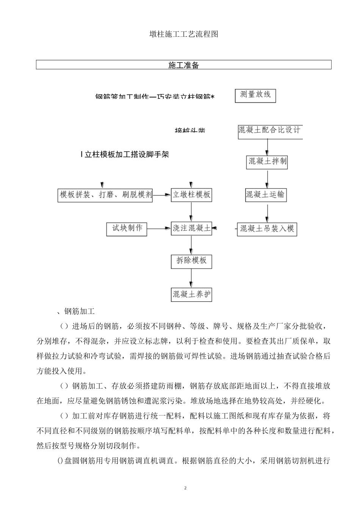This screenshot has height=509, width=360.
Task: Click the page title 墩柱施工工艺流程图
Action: point(183,34)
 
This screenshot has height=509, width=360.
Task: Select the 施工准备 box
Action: point(183,65)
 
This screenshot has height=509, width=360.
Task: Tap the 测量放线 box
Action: point(255,95)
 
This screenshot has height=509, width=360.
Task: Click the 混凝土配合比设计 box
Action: point(269,131)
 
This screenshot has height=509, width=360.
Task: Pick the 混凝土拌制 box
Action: point(267,162)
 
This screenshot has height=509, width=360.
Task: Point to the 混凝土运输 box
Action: point(265,195)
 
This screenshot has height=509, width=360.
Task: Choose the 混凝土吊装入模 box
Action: point(267,229)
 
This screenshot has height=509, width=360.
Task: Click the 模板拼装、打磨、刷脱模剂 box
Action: point(105,195)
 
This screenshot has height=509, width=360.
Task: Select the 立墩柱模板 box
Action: point(191,195)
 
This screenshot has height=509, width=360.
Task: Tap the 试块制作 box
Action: point(127,228)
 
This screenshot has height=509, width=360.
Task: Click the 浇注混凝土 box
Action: point(191,228)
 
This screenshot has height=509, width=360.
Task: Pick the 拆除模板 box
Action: point(191,261)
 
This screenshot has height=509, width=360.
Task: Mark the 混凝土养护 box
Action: point(191,294)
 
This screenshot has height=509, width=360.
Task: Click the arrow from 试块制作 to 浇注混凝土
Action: point(159,228)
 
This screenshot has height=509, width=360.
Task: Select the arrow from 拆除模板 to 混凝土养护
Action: point(191,278)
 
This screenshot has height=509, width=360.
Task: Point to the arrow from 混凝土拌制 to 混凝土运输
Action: point(268,179)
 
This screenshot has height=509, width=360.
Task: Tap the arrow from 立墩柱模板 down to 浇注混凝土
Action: point(191,211)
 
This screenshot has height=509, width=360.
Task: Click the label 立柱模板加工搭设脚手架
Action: point(125,155)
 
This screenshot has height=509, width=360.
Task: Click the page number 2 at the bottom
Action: point(185,488)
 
